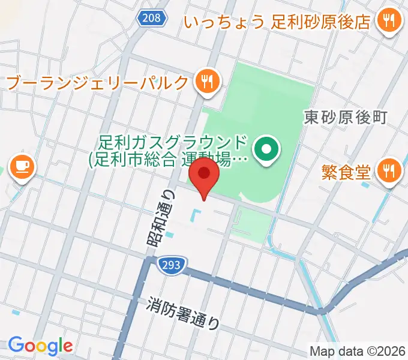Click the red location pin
(x=204, y=175)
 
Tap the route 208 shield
(x=151, y=18)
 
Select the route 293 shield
(x=173, y=264)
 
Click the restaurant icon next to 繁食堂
(x=388, y=172)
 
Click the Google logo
(x=40, y=346)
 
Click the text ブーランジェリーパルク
(x=97, y=82)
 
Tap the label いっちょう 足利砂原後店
(x=277, y=22)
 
